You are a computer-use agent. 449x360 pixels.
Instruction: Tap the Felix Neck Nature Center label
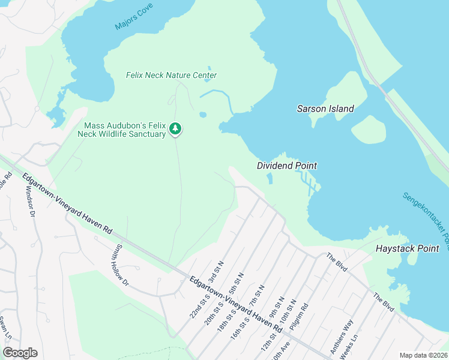click(x=171, y=76)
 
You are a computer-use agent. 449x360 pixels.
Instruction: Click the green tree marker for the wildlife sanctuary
click(x=175, y=129)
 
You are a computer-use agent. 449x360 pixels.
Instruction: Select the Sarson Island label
click(x=325, y=109)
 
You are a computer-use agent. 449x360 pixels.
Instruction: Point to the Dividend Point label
click(x=286, y=166)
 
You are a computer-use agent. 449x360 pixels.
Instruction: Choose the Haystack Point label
click(x=407, y=248)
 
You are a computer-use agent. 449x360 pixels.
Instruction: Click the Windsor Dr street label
click(x=31, y=202)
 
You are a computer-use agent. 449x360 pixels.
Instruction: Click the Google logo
click(x=20, y=353)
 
